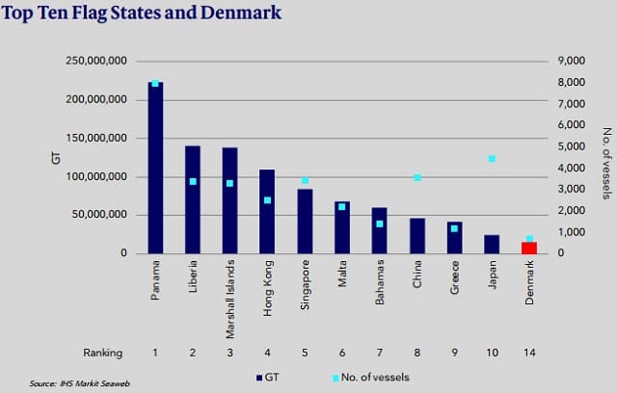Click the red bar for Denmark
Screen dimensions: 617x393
(529, 248)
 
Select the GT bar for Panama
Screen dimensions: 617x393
(155, 168)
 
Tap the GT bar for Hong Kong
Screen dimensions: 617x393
(267, 212)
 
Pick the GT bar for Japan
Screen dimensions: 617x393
(492, 245)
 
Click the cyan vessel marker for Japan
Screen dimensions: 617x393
(492, 159)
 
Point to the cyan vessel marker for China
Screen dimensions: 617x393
(417, 177)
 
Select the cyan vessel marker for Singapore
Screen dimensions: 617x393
(305, 180)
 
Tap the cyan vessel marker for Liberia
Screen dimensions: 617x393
(193, 181)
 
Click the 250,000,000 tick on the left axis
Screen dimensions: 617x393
(96, 61)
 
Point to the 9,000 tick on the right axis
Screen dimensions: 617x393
(571, 61)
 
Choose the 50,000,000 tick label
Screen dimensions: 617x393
(99, 215)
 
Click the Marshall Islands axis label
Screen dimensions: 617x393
(230, 299)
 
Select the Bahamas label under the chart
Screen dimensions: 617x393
(380, 282)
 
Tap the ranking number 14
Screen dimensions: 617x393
(529, 353)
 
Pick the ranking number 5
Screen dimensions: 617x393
(305, 353)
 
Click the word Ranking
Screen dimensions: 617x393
(103, 353)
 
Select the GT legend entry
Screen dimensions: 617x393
(268, 378)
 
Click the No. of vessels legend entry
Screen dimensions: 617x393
(370, 378)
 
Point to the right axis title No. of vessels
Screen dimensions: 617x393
(607, 163)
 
